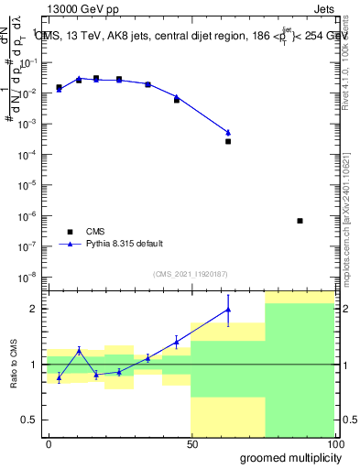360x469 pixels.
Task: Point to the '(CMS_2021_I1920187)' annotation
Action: pyautogui.click(x=191, y=274)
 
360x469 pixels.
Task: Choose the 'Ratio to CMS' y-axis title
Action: pyautogui.click(x=16, y=365)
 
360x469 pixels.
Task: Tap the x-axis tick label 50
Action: pyautogui.click(x=191, y=443)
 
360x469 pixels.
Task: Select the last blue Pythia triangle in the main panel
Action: pyautogui.click(x=228, y=133)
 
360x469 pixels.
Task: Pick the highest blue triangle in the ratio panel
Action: pyautogui.click(x=228, y=310)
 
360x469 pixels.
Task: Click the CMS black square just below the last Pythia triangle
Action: pyautogui.click(x=228, y=141)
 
